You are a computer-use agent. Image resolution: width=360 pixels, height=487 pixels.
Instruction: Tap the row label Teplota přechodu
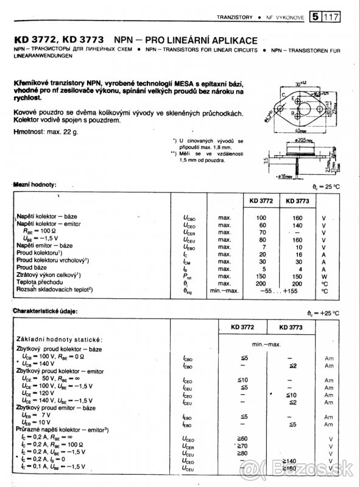[40, 283]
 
